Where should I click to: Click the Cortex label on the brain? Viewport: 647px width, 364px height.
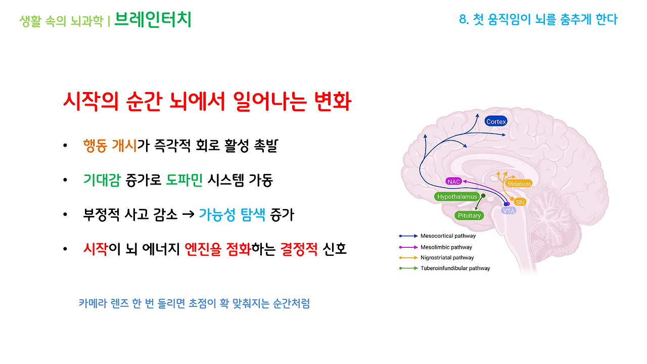coord(495,121)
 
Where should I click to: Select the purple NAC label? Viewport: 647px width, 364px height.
coord(453,181)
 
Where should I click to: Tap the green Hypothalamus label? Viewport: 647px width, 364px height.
coord(457,196)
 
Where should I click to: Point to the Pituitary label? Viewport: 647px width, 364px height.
coord(469,215)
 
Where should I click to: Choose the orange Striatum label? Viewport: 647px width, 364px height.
coord(519,184)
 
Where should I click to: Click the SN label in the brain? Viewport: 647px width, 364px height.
coord(520,202)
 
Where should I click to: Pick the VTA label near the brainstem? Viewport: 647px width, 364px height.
coord(509,211)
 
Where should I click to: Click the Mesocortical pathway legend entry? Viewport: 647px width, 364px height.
coord(447,236)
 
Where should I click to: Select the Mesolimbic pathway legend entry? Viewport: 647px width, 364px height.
coord(446,247)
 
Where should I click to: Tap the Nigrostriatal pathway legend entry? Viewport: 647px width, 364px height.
coord(447,258)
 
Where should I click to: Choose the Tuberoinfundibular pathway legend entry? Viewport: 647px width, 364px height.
coord(455,268)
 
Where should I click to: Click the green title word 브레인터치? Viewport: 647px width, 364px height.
coord(153,20)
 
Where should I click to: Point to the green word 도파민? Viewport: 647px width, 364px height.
coord(184,180)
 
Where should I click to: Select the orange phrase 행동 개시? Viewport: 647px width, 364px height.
coord(110,146)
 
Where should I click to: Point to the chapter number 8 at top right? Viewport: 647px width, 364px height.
coord(462,20)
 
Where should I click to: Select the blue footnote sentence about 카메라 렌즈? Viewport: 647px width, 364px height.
coord(194,303)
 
